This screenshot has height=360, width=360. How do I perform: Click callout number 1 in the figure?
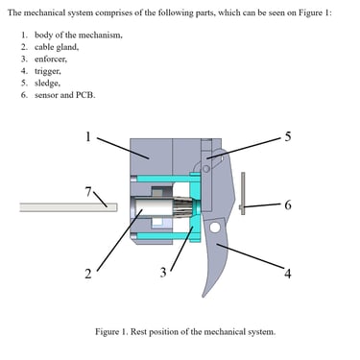coord(88,136)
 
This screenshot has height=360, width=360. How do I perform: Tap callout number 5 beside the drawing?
coord(288,136)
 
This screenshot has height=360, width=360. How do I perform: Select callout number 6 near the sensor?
coord(288,204)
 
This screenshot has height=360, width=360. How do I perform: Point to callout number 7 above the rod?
coord(88,192)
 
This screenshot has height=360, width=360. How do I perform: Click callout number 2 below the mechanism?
coord(88,274)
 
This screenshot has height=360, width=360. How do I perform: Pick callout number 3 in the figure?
coord(163,273)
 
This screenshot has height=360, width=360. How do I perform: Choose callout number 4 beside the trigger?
coord(288,274)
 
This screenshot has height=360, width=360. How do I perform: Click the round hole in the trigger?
coord(215,228)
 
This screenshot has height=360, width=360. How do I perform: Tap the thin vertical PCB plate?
coord(243,193)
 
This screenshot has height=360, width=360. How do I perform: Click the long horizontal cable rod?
coord(68,207)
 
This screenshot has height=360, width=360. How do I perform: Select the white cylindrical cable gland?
coord(153,207)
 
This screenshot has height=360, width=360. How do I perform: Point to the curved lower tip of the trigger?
coord(204,296)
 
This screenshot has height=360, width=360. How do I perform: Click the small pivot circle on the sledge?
coord(206,169)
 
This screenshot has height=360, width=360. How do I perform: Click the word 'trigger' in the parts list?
coord(47,71)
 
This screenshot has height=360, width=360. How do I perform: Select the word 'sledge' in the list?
coord(47,83)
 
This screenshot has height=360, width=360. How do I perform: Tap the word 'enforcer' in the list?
coord(51,60)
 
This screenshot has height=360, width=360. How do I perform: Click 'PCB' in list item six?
coord(85,95)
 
